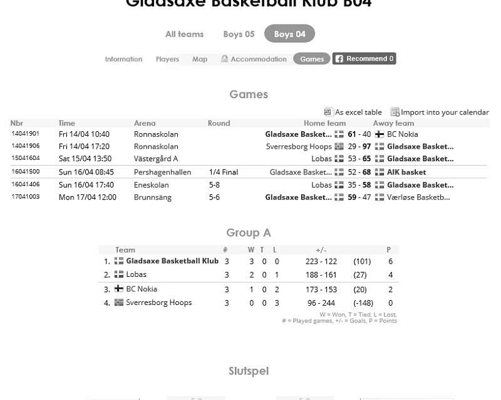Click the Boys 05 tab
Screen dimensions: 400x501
pos(239,34)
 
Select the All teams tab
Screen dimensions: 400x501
pos(184,34)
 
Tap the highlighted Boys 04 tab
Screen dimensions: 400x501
pos(289,34)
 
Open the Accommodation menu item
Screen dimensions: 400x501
pos(254,59)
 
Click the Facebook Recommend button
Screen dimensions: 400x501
pos(364,59)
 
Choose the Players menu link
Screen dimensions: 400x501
pos(167,59)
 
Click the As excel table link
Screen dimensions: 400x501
pos(353,112)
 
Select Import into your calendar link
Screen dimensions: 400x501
pos(440,112)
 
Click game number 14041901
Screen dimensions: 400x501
pos(25,134)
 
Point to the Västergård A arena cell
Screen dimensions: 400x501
pos(155,159)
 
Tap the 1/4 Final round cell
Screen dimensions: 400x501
pos(223,172)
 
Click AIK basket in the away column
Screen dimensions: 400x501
pos(406,172)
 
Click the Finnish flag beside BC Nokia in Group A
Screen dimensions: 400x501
pos(119,289)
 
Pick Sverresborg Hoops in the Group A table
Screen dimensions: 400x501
pos(158,302)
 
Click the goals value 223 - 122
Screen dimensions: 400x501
pos(321,261)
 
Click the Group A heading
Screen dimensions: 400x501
pos(249,232)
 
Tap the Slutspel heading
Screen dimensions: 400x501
pos(249,371)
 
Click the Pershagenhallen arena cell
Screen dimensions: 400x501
pos(162,172)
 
